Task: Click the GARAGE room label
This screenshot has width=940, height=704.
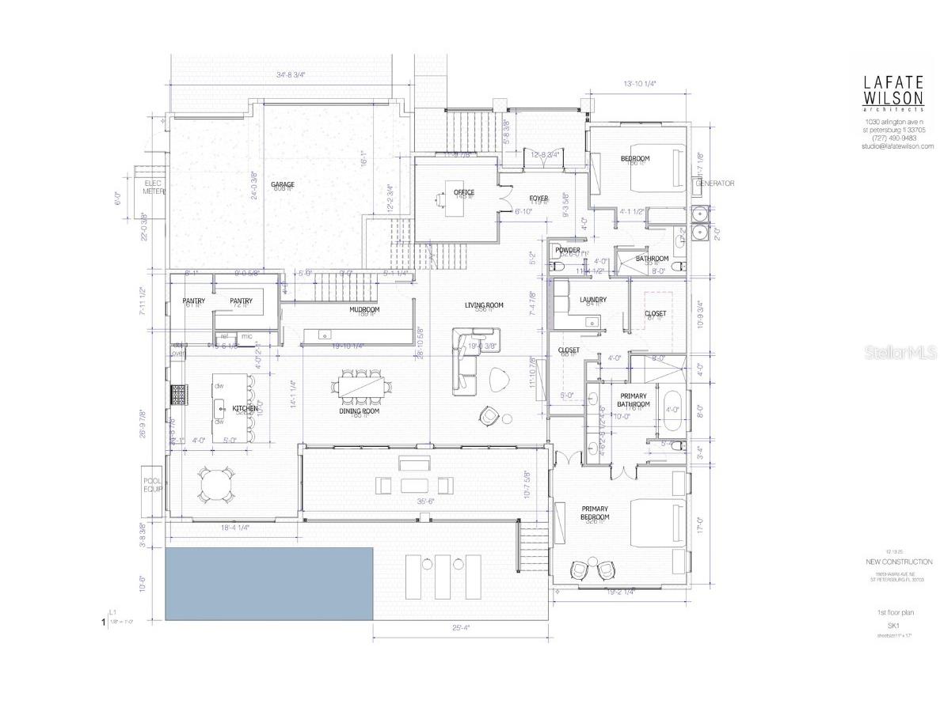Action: click(x=283, y=184)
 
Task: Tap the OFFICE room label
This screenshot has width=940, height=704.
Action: click(x=464, y=192)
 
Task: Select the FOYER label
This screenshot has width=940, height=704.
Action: click(x=539, y=199)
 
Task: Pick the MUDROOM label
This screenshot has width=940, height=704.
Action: click(x=364, y=309)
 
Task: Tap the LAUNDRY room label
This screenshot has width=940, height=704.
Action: click(x=593, y=299)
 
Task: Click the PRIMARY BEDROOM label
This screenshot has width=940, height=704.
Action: click(x=595, y=514)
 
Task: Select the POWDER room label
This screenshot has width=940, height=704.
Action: click(x=568, y=250)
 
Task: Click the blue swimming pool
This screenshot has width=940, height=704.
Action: click(x=269, y=583)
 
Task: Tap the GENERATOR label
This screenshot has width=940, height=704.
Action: click(x=715, y=184)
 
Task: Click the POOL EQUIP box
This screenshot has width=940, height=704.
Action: click(x=152, y=484)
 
